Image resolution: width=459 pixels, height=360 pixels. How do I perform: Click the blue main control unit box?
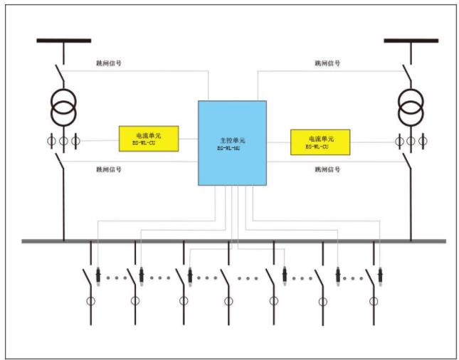(232, 142)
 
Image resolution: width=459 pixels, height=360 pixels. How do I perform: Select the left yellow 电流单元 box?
(148, 138)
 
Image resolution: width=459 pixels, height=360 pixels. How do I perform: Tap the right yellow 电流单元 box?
(320, 141)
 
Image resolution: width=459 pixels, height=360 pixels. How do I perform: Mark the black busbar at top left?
(63, 41)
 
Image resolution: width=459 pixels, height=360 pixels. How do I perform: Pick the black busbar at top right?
(411, 41)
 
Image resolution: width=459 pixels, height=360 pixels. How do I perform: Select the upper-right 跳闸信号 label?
(327, 63)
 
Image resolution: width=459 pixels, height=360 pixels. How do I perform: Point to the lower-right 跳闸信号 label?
(327, 169)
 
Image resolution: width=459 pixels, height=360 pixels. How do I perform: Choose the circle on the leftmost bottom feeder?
(91, 301)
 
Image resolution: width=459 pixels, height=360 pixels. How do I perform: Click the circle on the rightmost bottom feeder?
(372, 301)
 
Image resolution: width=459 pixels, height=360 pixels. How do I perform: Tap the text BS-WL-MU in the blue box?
(231, 148)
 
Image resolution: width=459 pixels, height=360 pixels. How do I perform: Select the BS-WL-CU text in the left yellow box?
(148, 142)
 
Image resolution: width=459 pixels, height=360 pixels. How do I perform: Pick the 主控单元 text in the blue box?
(232, 141)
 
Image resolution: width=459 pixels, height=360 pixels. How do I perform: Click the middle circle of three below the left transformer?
(63, 139)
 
